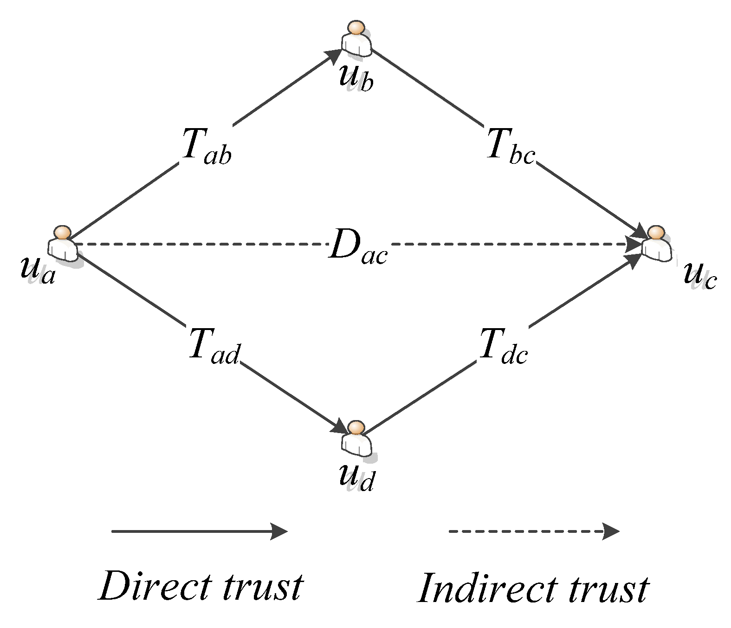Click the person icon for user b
pyautogui.click(x=356, y=39)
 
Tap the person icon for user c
pyautogui.click(x=656, y=244)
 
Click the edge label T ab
pyautogui.click(x=206, y=147)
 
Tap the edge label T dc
pyautogui.click(x=503, y=346)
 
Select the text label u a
pyautogui.click(x=38, y=269)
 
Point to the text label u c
pyautogui.click(x=700, y=276)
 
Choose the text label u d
pyautogui.click(x=356, y=477)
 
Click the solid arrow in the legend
pyautogui.click(x=200, y=531)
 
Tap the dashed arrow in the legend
pyautogui.click(x=534, y=531)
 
